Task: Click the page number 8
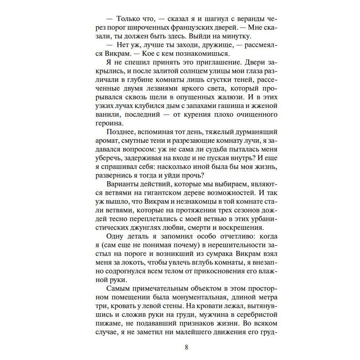pyautogui.click(x=186, y=347)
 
